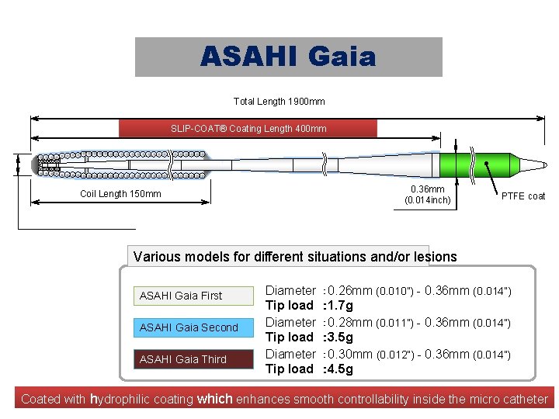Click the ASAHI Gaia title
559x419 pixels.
[x=288, y=57]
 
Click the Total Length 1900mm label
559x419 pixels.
[x=279, y=102]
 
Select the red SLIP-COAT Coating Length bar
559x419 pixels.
[x=248, y=128]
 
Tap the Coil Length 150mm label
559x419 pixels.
[x=120, y=194]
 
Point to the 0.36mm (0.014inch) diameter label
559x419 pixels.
[x=427, y=195]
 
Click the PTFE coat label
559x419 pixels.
[x=523, y=196]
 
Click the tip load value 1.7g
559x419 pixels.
[x=340, y=306]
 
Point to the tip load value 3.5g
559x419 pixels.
[x=340, y=338]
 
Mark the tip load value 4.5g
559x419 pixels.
[x=340, y=369]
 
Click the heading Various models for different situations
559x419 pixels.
[x=295, y=257]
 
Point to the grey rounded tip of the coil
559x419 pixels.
[x=34, y=164]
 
